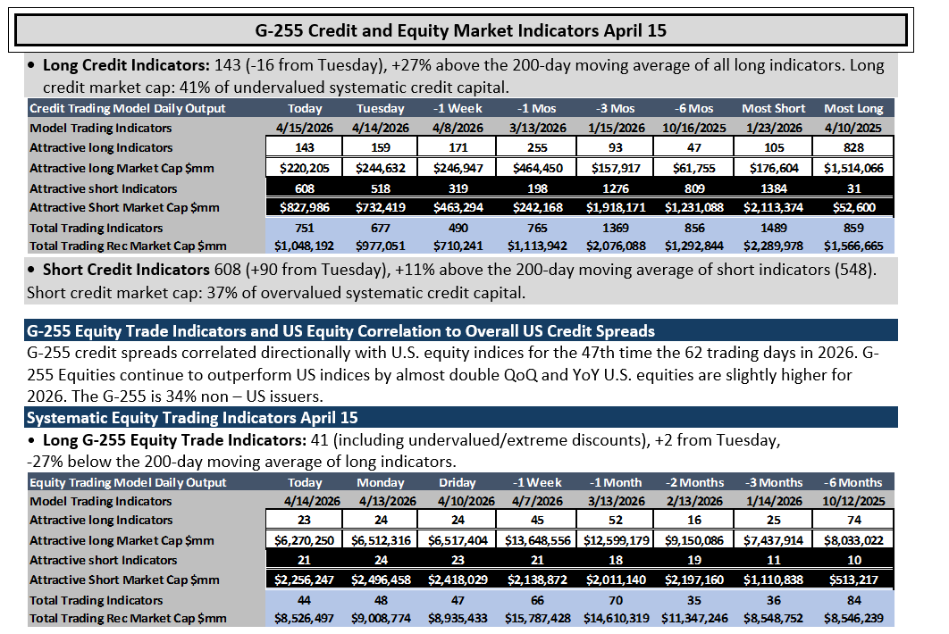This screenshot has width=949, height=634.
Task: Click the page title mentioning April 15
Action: tap(460, 30)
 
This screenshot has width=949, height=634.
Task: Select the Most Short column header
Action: tap(774, 108)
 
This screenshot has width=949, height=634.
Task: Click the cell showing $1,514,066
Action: tap(853, 168)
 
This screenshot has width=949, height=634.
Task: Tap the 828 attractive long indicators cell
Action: tap(853, 147)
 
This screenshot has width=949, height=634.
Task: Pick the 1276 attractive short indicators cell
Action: tap(616, 188)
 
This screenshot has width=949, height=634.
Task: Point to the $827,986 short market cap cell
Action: tap(305, 207)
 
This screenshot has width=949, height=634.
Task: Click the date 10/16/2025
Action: tap(694, 128)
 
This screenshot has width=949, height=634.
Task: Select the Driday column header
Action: tap(458, 482)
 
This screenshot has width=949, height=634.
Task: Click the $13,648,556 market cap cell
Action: tap(537, 540)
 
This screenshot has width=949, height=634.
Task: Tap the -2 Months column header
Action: tap(695, 482)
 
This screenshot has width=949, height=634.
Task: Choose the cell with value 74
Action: tap(854, 520)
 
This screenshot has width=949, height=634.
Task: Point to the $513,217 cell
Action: tap(854, 580)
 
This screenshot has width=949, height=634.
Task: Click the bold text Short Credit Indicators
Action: tap(126, 269)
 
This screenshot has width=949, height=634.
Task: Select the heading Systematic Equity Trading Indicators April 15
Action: tap(192, 417)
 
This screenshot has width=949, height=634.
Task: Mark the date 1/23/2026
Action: tap(774, 128)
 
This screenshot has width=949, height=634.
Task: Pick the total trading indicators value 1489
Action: tap(774, 228)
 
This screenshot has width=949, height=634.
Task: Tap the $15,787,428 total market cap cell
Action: tap(537, 618)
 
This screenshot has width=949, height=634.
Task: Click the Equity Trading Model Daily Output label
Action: tap(128, 482)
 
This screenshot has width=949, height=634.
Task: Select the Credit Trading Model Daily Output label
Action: tap(128, 108)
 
